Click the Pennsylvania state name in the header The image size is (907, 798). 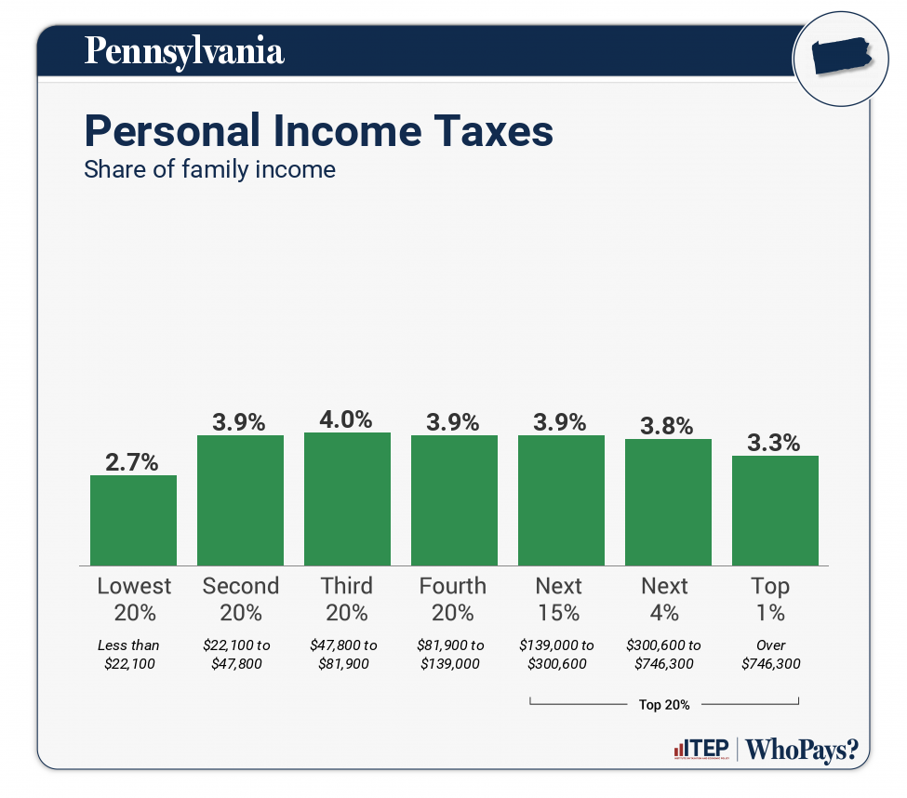(183, 50)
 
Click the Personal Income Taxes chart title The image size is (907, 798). (318, 131)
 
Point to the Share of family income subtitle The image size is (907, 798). (209, 170)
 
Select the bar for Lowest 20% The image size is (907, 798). (133, 520)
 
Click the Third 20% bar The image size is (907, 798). (347, 499)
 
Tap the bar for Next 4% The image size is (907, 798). (668, 501)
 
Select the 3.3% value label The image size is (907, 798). (775, 442)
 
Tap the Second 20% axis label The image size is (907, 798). (240, 599)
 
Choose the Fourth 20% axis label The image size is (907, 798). (453, 599)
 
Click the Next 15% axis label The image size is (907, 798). (559, 599)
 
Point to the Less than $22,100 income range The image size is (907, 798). (128, 655)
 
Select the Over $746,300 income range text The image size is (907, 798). (771, 655)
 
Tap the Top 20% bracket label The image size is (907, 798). (664, 705)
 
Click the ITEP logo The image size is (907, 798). (700, 750)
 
